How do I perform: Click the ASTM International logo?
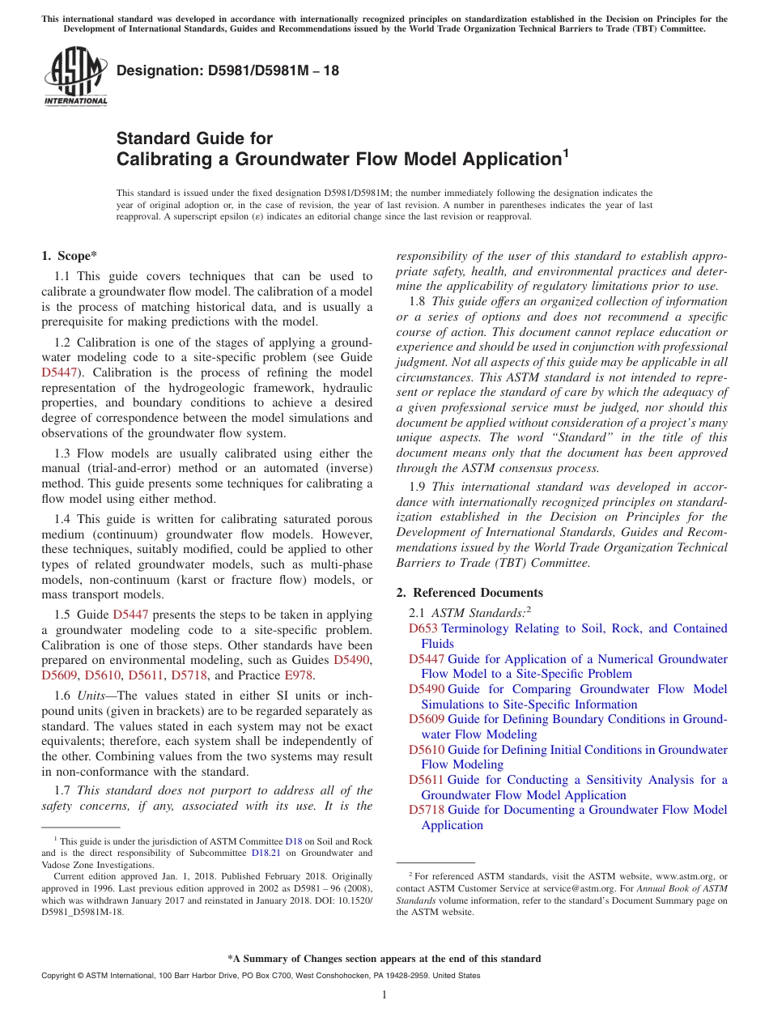tap(75, 78)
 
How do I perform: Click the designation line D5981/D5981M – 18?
tap(227, 71)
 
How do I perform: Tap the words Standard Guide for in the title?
tap(194, 138)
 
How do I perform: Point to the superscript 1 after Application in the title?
tap(566, 152)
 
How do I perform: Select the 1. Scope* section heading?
tap(70, 256)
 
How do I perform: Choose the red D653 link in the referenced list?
tap(423, 628)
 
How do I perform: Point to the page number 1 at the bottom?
tap(384, 994)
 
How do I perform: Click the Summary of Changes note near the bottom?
tap(384, 959)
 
